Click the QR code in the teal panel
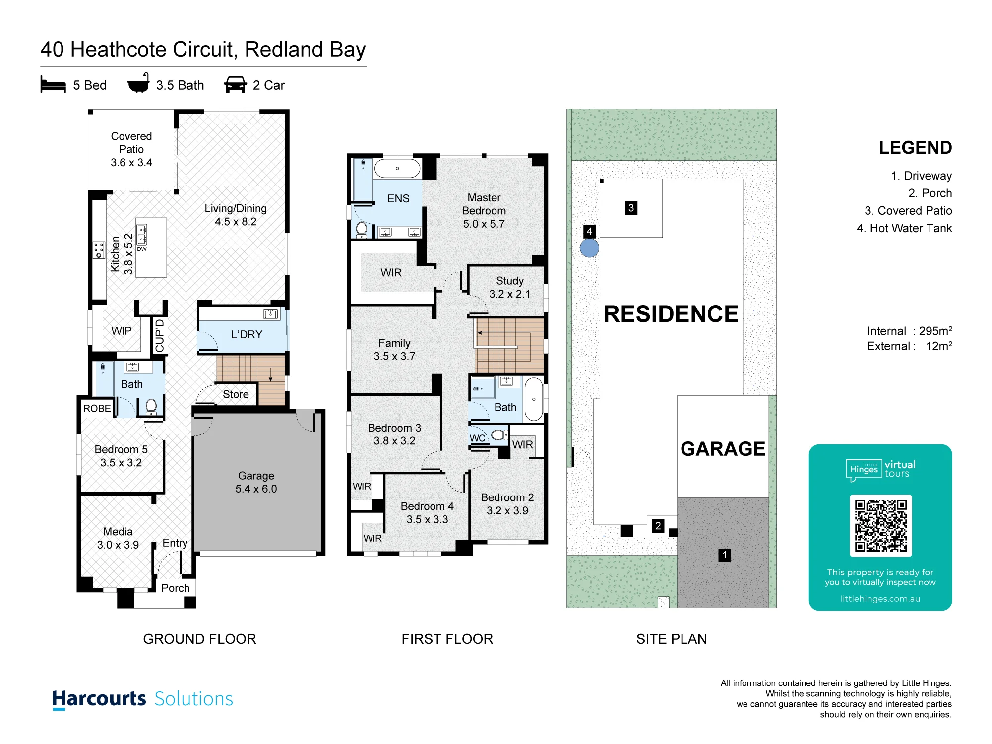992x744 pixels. pos(880,525)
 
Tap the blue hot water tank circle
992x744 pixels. pos(589,248)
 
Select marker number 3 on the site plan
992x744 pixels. pos(631,208)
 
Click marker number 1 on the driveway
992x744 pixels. pos(725,555)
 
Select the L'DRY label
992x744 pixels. pos(247,334)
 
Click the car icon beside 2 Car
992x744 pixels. pos(235,85)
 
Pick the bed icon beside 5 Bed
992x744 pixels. pos(53,85)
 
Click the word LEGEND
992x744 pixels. pos(915,148)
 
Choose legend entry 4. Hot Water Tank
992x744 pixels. pos(904,228)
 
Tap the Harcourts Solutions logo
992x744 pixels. pos(143,699)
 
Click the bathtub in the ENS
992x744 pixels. pos(397,169)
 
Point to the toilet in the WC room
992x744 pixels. pos(499,435)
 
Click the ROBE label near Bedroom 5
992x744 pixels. pos(97,408)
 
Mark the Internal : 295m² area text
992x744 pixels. pos(910,331)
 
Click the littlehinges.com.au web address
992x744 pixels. pos(880,599)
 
